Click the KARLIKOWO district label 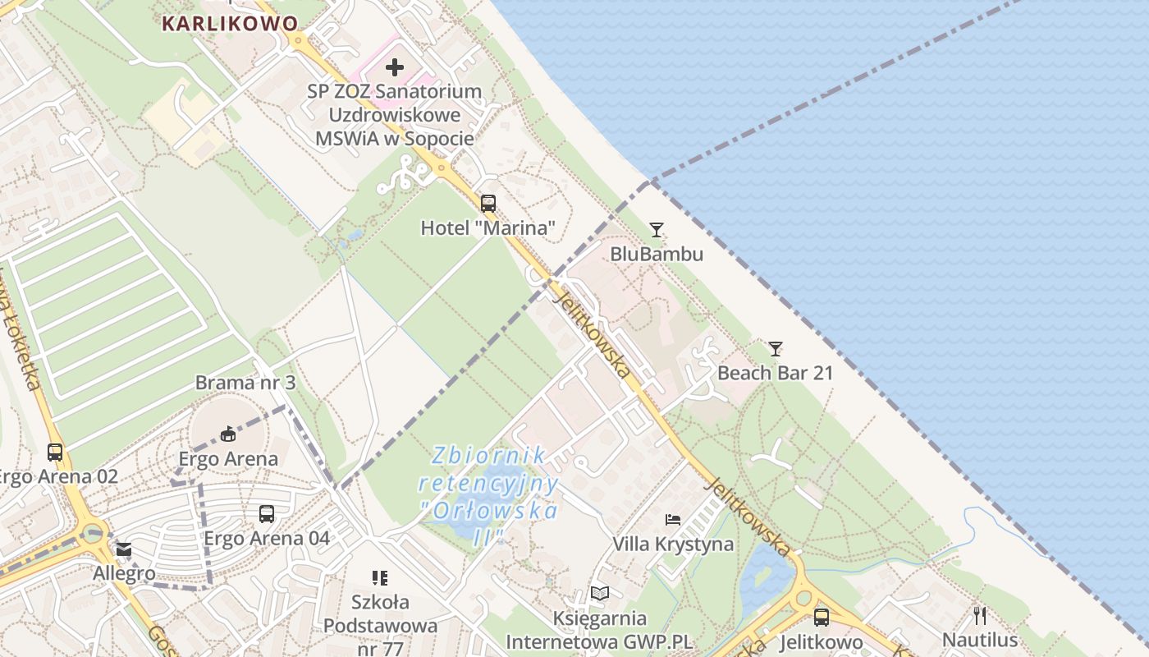tap(230, 23)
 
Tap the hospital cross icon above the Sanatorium tap(395, 67)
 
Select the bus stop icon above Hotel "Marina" tap(488, 203)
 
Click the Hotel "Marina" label tap(488, 227)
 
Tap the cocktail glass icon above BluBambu tap(656, 230)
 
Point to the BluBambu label tap(657, 254)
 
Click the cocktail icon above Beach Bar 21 tap(775, 349)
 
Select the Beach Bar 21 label tap(776, 373)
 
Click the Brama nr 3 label tap(245, 383)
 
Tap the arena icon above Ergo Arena tap(228, 434)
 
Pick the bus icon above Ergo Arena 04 tap(267, 514)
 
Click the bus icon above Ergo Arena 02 tap(55, 452)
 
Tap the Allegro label tap(124, 573)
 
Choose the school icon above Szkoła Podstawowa tap(379, 578)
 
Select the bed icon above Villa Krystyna tap(673, 519)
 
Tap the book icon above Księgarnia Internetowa tap(600, 594)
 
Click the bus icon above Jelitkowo tap(821, 618)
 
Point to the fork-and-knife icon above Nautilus tap(979, 615)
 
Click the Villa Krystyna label tap(673, 544)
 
